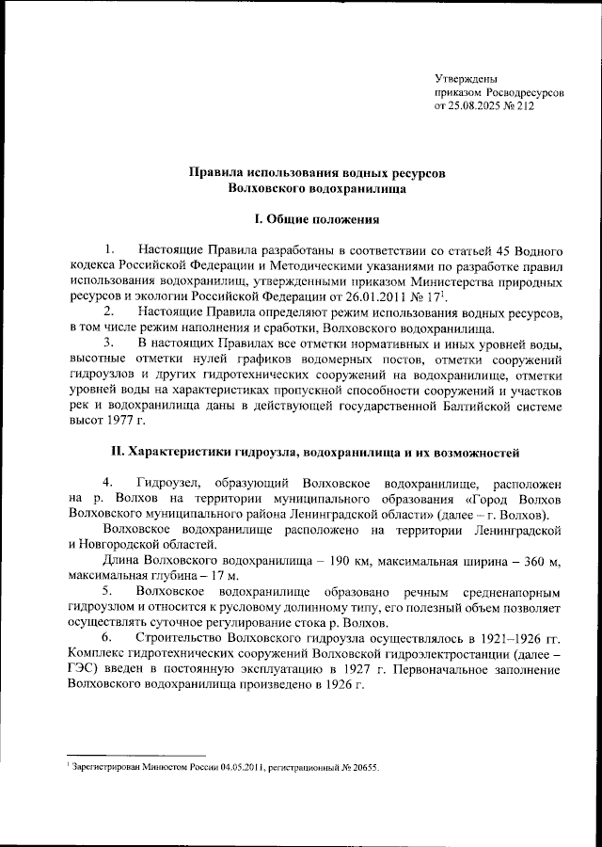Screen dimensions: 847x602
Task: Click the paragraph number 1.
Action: point(110,250)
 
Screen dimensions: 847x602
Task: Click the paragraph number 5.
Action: point(110,591)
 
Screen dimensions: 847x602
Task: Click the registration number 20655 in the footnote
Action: point(360,768)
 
